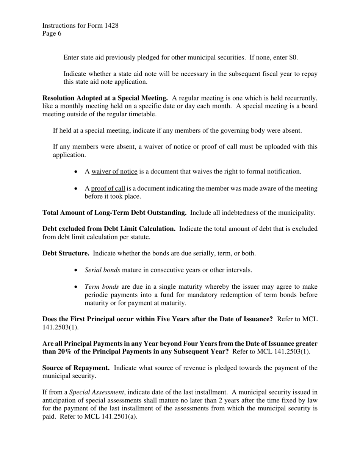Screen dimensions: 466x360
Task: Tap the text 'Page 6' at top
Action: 52,33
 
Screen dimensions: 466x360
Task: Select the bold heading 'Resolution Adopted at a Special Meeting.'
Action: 105,98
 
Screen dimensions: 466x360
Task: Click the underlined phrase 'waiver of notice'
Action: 114,171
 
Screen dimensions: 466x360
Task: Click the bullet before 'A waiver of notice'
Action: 76,172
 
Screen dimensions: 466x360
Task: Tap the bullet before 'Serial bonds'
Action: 76,270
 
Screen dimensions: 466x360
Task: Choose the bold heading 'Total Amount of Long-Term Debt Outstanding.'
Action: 114,213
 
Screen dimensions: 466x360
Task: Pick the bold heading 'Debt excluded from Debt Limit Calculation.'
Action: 108,228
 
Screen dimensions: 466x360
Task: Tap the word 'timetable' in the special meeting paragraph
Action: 141,114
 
